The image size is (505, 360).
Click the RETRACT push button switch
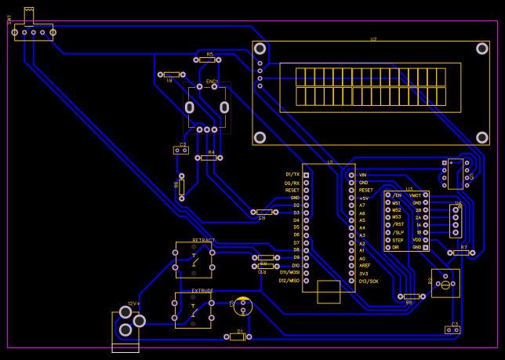click(194, 260)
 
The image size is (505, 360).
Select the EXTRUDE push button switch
click(193, 310)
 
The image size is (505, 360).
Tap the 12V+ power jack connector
click(126, 322)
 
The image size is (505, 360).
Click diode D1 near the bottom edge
click(238, 336)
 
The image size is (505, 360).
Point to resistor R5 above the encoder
click(207, 60)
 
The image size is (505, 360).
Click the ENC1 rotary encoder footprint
click(207, 107)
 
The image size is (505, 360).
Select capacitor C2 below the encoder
click(181, 150)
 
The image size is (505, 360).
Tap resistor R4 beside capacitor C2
click(208, 158)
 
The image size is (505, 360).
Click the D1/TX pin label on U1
click(292, 174)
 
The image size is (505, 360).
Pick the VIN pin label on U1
click(363, 175)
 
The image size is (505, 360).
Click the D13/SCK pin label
click(369, 281)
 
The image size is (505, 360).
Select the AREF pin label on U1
click(365, 266)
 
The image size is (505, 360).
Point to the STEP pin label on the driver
click(398, 240)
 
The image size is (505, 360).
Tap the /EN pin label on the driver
click(397, 195)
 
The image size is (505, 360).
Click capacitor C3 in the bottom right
click(452, 329)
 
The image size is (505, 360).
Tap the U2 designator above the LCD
click(373, 38)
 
